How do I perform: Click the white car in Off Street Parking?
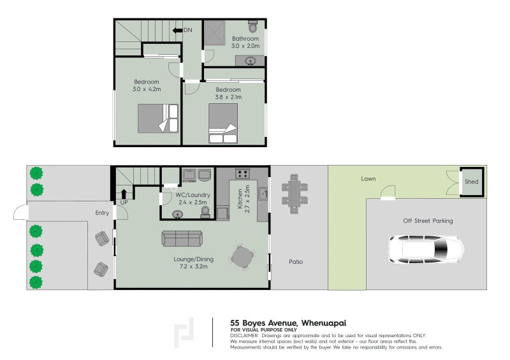point(426,250)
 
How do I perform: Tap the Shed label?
point(471,182)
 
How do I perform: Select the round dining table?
point(242,257)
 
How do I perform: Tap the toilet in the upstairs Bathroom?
point(252,27)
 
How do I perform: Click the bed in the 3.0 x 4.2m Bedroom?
point(159,118)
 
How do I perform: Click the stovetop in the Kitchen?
point(243,173)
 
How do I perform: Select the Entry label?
point(101,213)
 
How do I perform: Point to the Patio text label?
point(295,261)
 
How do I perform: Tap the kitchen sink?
point(262,192)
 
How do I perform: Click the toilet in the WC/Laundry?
point(206,212)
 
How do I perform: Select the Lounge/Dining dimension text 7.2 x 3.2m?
point(192,266)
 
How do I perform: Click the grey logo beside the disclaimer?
point(184,333)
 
